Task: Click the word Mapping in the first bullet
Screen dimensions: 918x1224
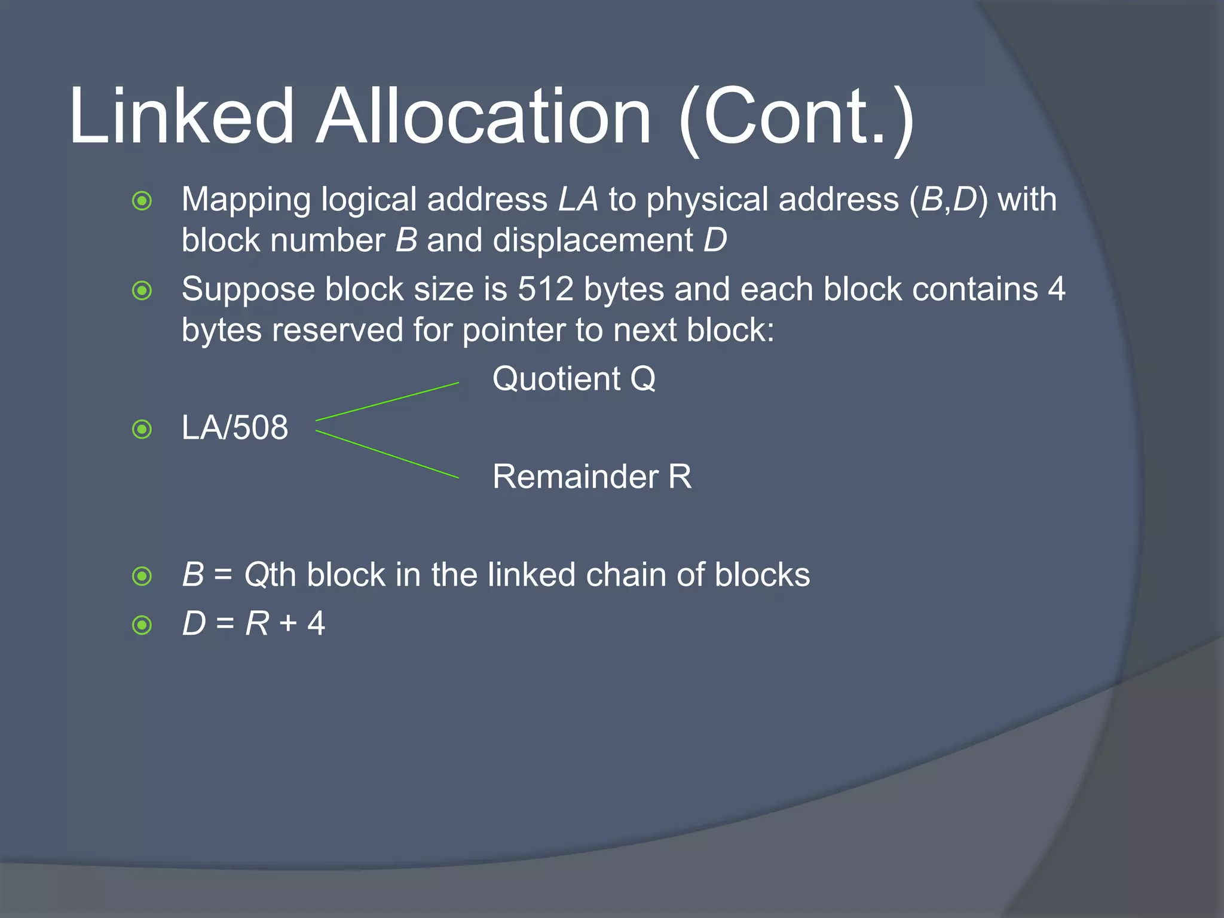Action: click(x=246, y=200)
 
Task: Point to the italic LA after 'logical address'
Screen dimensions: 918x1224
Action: click(x=578, y=200)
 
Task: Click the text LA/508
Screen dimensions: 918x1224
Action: click(x=235, y=428)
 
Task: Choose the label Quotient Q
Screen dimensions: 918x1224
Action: click(x=574, y=379)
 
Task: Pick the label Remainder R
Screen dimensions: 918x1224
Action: click(x=592, y=477)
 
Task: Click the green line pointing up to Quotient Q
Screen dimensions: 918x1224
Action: click(x=387, y=402)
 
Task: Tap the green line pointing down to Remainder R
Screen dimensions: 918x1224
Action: click(x=387, y=454)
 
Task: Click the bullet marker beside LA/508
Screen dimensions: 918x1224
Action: click(x=142, y=429)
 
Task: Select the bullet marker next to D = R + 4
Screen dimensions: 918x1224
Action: click(x=142, y=625)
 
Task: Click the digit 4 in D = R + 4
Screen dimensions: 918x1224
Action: click(x=316, y=624)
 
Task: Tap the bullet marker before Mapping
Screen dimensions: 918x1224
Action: click(x=142, y=201)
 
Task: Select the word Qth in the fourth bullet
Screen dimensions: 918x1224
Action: click(x=270, y=576)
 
